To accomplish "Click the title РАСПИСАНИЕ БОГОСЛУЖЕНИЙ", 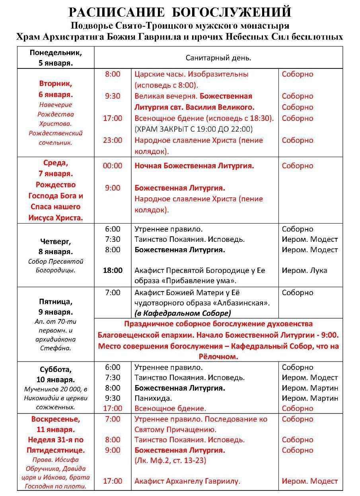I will tap(180, 12).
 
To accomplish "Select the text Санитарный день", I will tap(218, 58).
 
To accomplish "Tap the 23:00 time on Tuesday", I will tap(113, 140).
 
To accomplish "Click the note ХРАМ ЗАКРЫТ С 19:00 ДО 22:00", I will tap(194, 129).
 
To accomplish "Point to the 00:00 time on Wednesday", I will tap(113, 166).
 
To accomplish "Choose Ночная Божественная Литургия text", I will tap(194, 166).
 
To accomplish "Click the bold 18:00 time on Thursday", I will tap(113, 270).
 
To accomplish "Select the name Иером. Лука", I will tap(304, 270).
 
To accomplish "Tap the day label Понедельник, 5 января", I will tap(56, 58).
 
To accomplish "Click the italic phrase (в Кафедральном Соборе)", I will tap(183, 313).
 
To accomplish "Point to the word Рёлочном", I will tap(218, 356).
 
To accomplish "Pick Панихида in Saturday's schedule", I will tap(153, 398).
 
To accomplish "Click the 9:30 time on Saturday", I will tap(113, 398).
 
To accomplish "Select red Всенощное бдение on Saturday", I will tap(170, 408).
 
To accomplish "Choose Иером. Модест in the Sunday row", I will tap(309, 481).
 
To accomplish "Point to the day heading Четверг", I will tap(56, 241).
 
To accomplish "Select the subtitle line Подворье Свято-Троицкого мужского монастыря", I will tap(180, 26).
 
